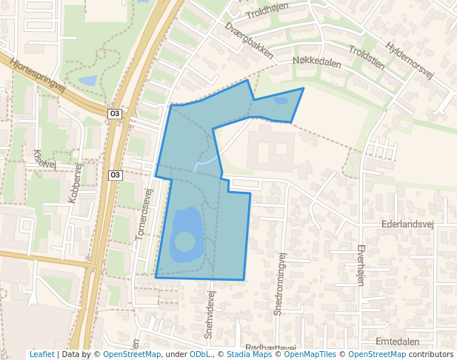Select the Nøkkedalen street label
(317, 63)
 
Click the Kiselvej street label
(44, 159)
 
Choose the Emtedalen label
(398, 341)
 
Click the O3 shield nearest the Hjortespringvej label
(114, 113)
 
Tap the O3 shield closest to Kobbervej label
(114, 175)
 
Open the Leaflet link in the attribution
(41, 354)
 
